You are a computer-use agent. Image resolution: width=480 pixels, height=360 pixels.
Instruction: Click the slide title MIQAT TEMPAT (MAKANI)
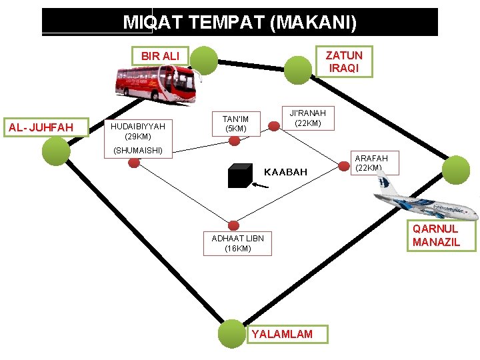(x=240, y=23)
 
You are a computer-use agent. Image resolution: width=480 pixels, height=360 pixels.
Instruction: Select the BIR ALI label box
(x=160, y=56)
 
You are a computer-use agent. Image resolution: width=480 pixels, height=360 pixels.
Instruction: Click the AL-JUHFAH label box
(x=46, y=127)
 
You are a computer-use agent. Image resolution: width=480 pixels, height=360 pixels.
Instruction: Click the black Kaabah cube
(x=239, y=176)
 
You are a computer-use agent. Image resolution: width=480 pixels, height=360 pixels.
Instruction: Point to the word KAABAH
(x=285, y=172)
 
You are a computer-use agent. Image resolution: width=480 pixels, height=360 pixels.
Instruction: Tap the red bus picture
(x=156, y=83)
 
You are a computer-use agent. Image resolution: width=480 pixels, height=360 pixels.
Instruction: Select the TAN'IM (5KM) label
(x=235, y=123)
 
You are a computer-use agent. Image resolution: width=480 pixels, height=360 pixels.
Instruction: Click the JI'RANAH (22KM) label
(x=307, y=118)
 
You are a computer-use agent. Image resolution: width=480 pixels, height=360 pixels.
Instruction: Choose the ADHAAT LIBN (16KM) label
(x=237, y=243)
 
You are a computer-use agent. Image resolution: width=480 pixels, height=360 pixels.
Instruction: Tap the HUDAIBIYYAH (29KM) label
(x=137, y=131)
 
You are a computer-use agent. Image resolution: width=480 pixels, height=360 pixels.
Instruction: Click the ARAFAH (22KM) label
(x=369, y=163)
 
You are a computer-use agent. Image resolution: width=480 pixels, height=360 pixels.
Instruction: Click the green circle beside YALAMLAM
(x=233, y=333)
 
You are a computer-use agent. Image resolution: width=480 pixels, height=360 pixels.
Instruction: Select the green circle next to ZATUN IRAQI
(x=299, y=67)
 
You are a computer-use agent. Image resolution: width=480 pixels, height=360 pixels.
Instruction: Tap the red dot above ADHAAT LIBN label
(x=233, y=225)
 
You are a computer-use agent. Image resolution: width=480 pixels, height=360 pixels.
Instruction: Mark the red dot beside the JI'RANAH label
(x=273, y=125)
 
